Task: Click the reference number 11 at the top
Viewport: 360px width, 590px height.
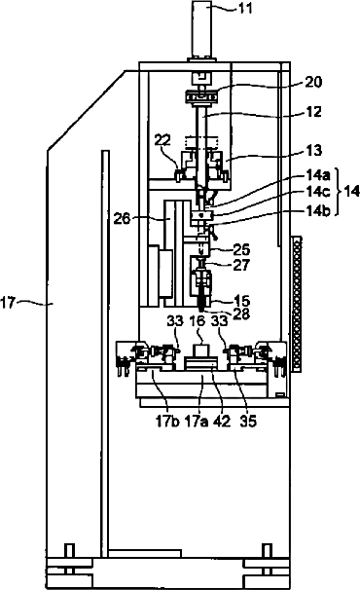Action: [245, 8]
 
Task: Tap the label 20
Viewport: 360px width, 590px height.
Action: [313, 82]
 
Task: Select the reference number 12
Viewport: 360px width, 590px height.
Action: [313, 112]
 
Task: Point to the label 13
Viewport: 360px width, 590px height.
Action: [313, 151]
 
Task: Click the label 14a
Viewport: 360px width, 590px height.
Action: [317, 175]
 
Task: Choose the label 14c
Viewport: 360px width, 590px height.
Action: [317, 192]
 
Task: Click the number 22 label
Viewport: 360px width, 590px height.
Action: [162, 140]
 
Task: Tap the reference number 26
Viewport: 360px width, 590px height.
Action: [122, 218]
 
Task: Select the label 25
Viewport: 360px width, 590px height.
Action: [241, 249]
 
